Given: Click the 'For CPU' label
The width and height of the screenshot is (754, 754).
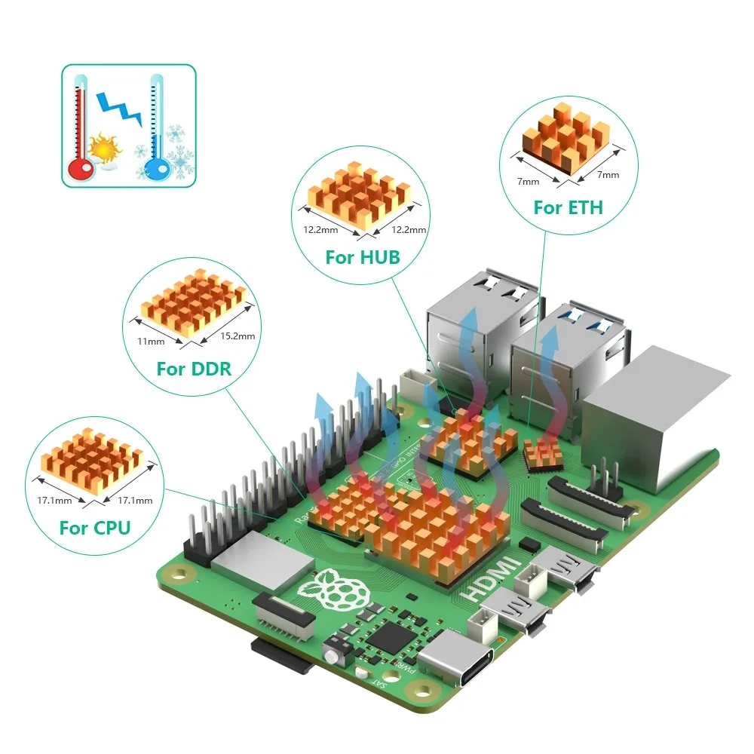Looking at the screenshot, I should coord(94,528).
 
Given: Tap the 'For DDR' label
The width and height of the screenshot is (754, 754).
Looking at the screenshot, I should coord(194,369).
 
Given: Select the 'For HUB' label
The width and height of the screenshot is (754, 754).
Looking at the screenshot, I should coord(362,257).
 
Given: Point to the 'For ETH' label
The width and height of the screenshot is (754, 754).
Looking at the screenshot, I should coord(568,207).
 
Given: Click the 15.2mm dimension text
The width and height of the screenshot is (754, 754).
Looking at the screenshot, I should coord(236,336).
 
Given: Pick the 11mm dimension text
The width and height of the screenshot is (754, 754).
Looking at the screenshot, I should coord(152,342).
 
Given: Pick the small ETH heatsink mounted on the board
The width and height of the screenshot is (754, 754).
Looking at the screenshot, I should coord(544,454).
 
